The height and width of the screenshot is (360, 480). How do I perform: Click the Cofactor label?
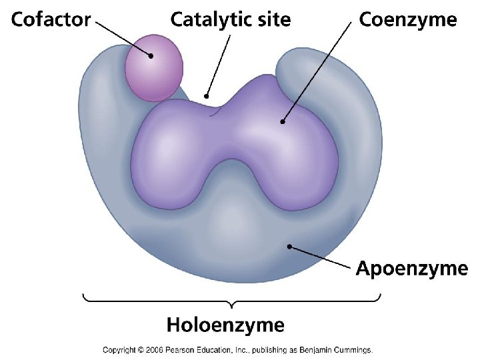51,20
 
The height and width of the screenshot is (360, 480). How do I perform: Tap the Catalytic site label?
231,20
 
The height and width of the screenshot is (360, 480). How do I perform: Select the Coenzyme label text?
408,20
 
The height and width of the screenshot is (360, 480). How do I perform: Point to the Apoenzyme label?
411,269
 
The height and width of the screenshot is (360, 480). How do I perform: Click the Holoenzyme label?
225,325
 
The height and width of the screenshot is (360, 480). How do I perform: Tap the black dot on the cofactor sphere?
151,56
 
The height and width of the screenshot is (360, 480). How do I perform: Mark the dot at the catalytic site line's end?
207,96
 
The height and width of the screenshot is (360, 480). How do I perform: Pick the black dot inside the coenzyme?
283,121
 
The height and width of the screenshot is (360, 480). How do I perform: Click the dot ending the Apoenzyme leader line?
289,247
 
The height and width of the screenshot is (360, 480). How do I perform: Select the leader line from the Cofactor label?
124,38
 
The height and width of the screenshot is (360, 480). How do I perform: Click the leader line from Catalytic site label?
219,64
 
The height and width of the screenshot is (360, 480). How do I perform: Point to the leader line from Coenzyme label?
317,72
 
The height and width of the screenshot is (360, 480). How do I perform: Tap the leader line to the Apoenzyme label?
320,257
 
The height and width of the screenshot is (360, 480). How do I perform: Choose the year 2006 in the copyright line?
153,349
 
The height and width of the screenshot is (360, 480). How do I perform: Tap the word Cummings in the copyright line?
352,349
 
